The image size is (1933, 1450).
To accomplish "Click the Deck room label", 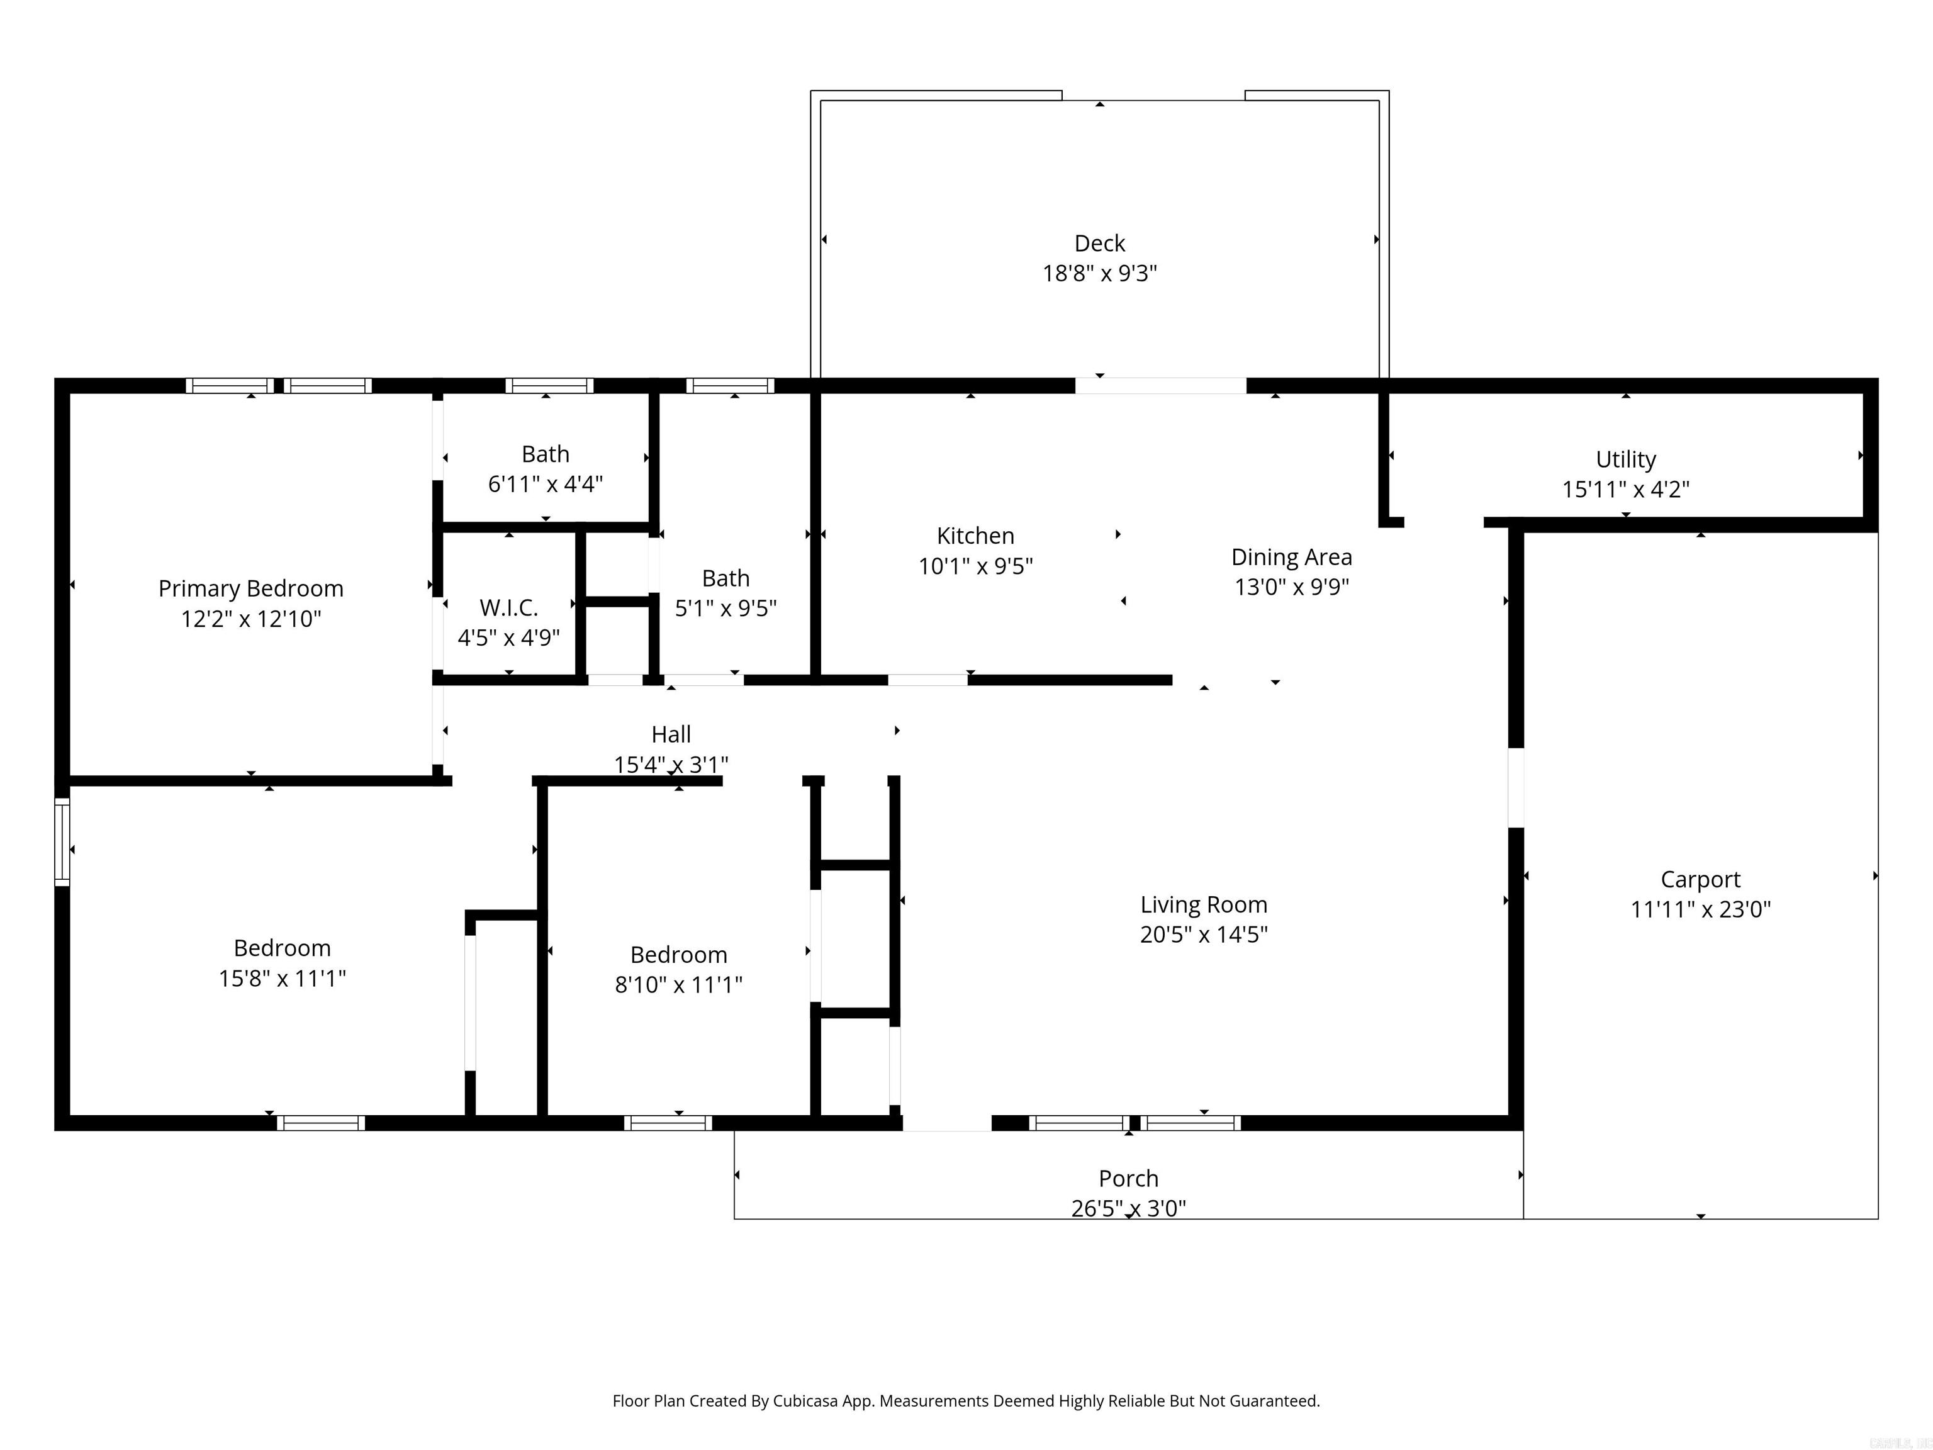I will (1099, 243).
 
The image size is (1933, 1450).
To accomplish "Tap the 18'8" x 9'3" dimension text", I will (1099, 274).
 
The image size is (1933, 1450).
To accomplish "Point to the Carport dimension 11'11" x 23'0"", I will (1700, 910).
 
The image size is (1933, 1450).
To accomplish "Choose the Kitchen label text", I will (975, 536).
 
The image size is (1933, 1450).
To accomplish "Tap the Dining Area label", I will (1291, 557).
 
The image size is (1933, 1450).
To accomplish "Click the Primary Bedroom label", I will (251, 588).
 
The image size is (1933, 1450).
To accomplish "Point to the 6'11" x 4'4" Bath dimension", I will (546, 484).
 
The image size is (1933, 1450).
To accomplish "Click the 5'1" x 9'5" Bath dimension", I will (726, 609).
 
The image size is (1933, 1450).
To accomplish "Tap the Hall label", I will (670, 734).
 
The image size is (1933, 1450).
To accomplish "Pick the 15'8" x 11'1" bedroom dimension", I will (281, 978).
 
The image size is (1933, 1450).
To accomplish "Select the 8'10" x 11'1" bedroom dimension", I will (678, 985).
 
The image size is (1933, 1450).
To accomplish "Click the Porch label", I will (1128, 1178).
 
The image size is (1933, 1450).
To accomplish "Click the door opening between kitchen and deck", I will (1160, 385).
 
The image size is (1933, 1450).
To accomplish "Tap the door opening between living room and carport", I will (1516, 787).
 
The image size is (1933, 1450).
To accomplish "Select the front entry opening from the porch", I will (946, 1123).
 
